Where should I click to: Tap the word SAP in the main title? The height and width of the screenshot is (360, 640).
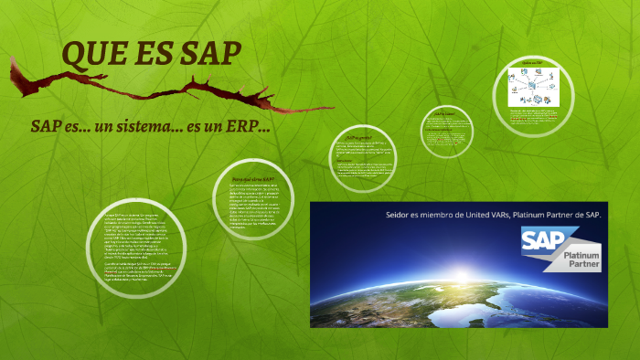(x=211, y=55)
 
